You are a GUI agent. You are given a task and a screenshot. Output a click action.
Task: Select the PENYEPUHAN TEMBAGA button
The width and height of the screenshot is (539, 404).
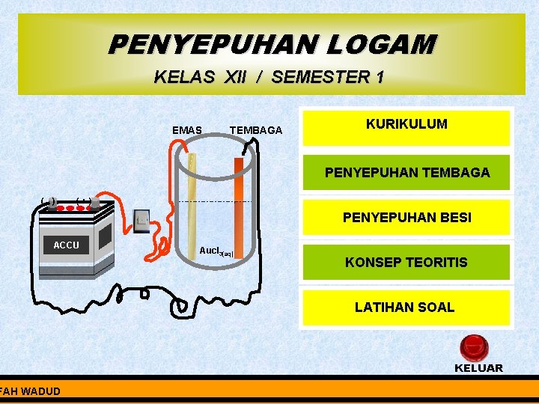(x=406, y=173)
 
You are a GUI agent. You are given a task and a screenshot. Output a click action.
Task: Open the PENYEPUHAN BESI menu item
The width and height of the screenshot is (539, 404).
(x=406, y=218)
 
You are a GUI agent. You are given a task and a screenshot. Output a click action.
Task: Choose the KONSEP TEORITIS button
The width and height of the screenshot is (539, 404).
(x=406, y=263)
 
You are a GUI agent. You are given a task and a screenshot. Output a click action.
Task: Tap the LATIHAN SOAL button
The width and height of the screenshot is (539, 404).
(x=406, y=307)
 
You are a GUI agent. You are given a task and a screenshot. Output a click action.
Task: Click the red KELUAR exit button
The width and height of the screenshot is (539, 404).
(x=473, y=348)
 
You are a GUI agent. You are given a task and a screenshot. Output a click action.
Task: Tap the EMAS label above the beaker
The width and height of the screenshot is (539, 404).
(x=186, y=130)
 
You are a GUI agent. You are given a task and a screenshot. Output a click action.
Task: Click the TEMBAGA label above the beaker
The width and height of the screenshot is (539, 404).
(x=256, y=130)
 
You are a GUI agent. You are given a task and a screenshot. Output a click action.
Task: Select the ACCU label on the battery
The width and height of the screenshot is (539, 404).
(x=66, y=245)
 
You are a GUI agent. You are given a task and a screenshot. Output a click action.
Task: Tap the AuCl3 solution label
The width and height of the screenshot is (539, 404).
(x=216, y=251)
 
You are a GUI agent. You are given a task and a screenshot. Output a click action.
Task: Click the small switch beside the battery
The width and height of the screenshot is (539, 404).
(x=142, y=219)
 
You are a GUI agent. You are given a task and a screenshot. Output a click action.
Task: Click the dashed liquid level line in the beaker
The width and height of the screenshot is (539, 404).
(x=217, y=202)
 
